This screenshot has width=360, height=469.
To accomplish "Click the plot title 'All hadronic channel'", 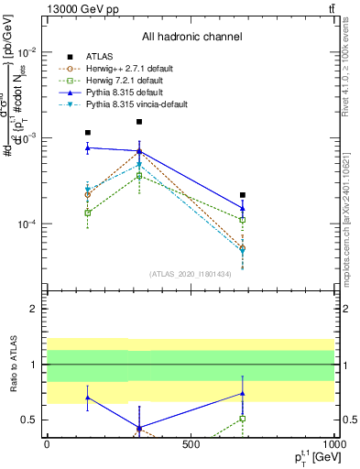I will click(x=191, y=37).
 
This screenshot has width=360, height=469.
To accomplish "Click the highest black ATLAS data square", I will click(x=139, y=122).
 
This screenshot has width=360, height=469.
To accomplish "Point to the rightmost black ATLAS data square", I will click(x=243, y=195).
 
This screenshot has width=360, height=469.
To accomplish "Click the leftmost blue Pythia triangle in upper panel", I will click(x=88, y=147).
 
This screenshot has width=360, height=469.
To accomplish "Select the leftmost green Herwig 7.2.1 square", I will click(x=88, y=213).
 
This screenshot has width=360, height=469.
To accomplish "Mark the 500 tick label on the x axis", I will click(x=191, y=444).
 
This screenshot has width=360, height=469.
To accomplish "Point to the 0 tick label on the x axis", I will click(x=47, y=444).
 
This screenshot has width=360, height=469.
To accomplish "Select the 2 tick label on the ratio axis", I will click(x=35, y=309).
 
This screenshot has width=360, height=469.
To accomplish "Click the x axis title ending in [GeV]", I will click(x=311, y=457).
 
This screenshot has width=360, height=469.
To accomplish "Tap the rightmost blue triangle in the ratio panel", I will click(x=243, y=393).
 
